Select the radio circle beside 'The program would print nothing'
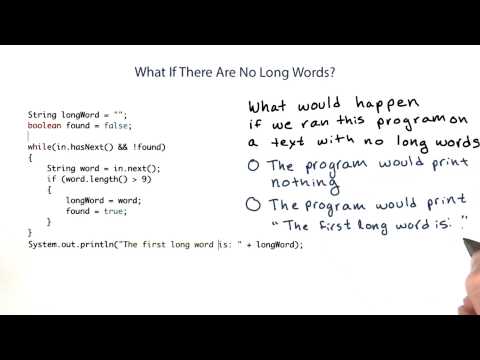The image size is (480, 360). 254,165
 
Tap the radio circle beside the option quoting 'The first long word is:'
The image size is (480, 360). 254,206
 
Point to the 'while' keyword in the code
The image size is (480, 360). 39,148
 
